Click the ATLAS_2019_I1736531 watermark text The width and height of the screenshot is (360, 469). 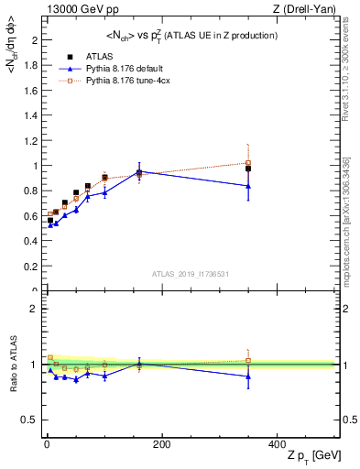click(190, 274)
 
